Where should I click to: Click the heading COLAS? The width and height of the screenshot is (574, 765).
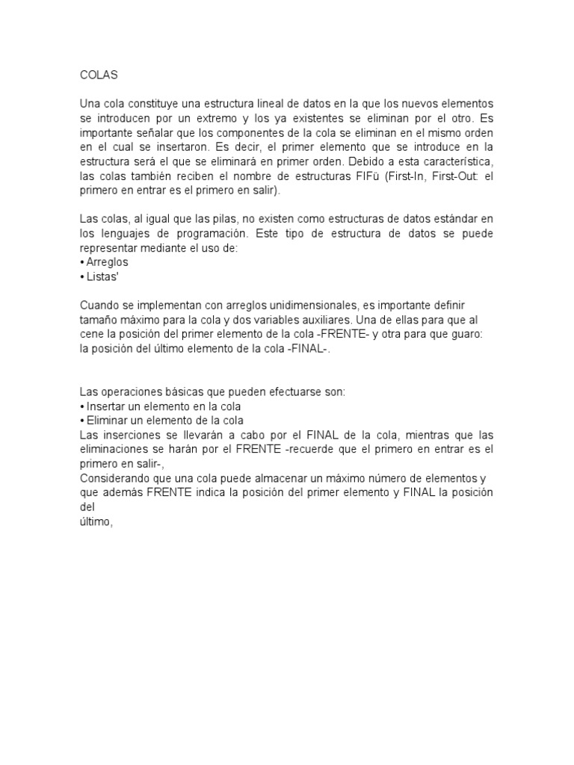98,75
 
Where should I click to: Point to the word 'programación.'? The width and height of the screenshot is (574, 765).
206,233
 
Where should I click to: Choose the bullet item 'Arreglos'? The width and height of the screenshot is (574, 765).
107,262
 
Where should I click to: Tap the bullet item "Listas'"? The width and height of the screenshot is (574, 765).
103,276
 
